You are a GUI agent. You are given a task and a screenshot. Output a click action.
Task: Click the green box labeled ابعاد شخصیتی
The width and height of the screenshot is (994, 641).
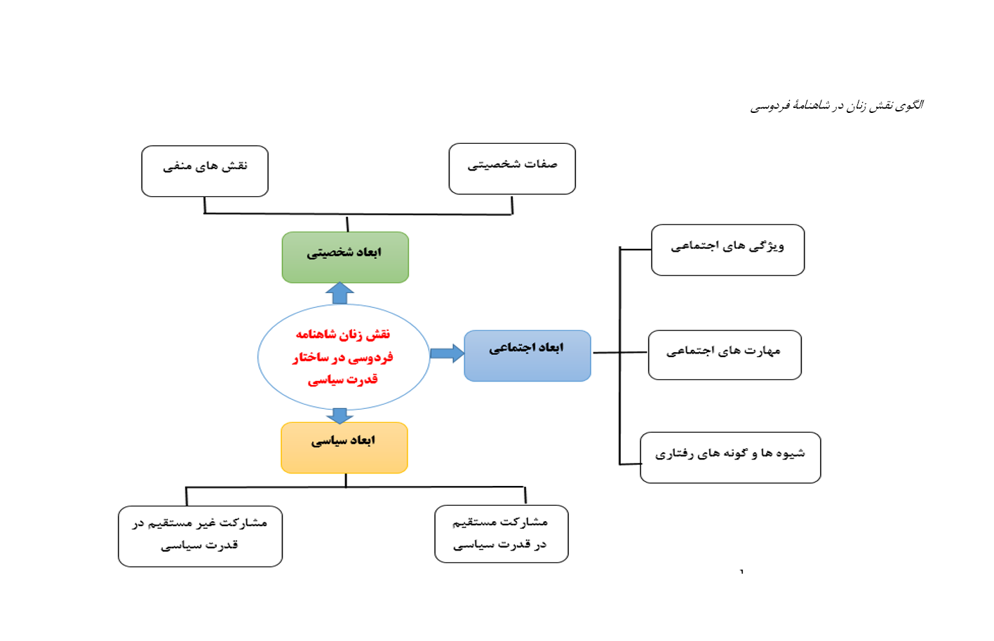point(345,257)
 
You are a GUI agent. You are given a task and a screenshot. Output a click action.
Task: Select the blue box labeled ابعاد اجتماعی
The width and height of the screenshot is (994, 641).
point(528,356)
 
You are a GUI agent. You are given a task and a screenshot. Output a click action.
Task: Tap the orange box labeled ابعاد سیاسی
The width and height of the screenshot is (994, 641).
point(344,447)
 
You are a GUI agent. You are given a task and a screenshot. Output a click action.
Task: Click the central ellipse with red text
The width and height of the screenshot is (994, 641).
point(344,357)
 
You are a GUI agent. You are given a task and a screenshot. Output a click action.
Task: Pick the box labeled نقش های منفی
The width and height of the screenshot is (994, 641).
point(205,171)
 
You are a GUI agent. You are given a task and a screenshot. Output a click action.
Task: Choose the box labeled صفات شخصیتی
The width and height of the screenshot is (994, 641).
point(512,168)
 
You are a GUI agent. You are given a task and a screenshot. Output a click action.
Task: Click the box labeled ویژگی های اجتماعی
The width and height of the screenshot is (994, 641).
point(727,250)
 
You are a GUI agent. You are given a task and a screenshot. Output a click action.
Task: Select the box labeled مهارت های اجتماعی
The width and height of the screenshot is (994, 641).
point(725,355)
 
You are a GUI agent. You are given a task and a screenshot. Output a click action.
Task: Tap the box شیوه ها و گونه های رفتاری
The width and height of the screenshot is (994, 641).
point(730,457)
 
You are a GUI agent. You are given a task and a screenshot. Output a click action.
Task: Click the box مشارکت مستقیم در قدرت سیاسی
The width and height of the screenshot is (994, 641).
point(502,534)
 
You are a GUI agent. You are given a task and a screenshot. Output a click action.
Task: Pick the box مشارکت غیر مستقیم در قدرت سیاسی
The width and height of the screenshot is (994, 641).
point(200,537)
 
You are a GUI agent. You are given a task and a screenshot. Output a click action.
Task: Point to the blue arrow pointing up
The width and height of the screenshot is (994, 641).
point(340,292)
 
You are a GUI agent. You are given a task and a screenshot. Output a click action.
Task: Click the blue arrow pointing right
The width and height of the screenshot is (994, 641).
point(448,353)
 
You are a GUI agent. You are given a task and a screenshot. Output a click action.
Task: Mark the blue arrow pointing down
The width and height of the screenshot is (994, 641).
point(340,416)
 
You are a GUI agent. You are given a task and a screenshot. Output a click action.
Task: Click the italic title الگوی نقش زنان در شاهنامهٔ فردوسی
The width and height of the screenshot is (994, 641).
point(837,106)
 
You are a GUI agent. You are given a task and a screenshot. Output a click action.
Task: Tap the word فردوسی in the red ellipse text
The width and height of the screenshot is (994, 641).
point(370,357)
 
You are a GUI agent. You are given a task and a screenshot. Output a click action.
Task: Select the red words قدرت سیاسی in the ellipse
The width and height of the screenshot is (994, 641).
point(342,379)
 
